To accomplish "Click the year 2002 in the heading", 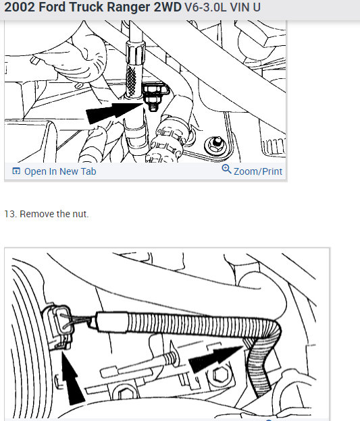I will coord(20,9).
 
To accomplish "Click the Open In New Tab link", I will coord(59,171).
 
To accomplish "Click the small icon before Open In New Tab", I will coord(16,171).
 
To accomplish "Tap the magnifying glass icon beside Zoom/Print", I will coord(226,170).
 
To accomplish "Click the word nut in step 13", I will coord(80,214).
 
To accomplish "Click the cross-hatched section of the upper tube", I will coord(135,78).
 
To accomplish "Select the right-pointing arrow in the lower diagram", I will coord(215,357).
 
